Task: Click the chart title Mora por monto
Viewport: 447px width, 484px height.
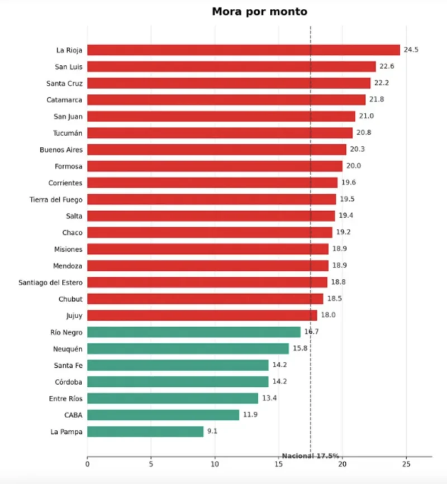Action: (259, 11)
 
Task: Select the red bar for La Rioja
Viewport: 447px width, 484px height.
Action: (244, 50)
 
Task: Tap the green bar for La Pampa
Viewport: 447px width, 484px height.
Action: (145, 432)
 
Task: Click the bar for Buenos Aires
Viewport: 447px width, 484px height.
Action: (217, 150)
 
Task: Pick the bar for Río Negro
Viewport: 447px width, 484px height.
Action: (194, 332)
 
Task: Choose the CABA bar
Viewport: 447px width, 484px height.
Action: (163, 415)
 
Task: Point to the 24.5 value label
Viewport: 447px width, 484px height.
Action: (411, 50)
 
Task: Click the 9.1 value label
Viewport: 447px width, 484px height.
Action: (212, 431)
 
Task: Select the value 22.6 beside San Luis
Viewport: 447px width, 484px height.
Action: (387, 66)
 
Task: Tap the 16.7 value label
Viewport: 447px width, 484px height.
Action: (311, 332)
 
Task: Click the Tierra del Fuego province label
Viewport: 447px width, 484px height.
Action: (56, 200)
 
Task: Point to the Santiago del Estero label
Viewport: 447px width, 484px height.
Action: (50, 282)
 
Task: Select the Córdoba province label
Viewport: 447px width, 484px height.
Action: (69, 382)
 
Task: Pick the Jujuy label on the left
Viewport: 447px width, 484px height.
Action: (74, 316)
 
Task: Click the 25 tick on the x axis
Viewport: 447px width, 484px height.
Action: (406, 464)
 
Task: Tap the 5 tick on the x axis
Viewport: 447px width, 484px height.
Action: (151, 464)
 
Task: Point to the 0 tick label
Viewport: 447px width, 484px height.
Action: (87, 464)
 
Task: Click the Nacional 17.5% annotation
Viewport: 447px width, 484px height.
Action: (311, 456)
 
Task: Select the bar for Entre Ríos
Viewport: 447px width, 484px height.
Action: (173, 399)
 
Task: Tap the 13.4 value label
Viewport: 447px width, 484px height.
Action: (269, 398)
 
